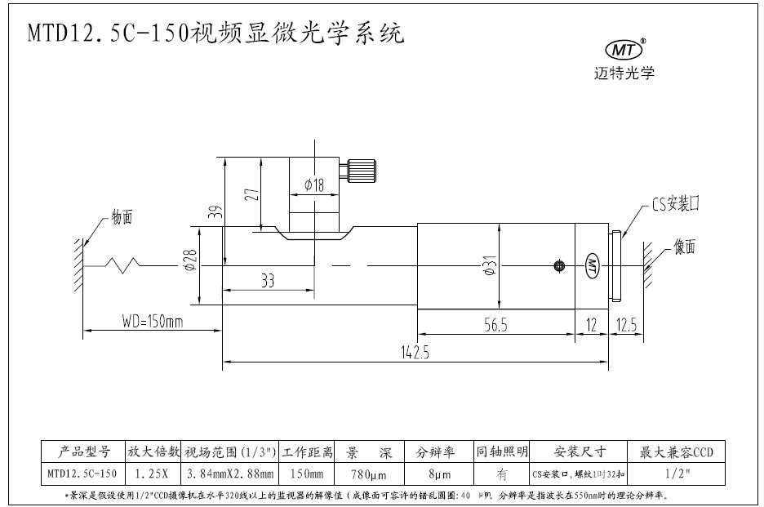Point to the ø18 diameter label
click(313, 185)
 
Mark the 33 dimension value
click(268, 280)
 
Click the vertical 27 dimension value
click(252, 195)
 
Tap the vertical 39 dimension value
click(215, 213)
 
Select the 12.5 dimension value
click(628, 325)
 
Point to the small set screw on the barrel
click(559, 265)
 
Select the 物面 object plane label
click(122, 218)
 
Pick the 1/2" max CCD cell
click(674, 473)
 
